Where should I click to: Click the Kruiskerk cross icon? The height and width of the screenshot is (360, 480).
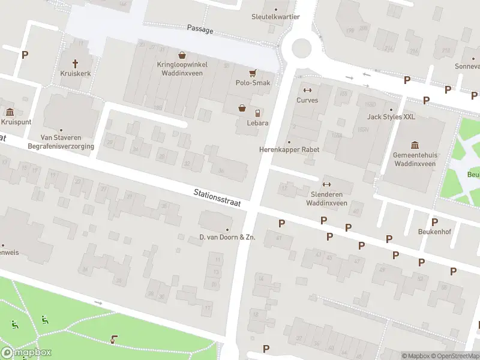[x=75, y=63]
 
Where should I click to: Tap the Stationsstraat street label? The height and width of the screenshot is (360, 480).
[x=217, y=199]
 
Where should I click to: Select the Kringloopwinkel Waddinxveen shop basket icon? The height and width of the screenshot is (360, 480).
[x=181, y=55]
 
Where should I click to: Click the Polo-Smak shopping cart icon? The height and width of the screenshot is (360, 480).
[x=253, y=73]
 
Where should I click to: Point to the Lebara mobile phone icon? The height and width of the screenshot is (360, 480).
[x=257, y=113]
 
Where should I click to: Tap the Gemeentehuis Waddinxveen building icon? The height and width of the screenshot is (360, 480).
[x=415, y=145]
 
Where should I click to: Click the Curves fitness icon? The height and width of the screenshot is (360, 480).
[x=307, y=90]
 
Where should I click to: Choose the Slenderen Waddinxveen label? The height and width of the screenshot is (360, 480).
[x=326, y=199]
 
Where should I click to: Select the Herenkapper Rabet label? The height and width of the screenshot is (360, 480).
[x=289, y=149]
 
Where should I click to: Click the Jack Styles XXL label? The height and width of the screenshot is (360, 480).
[x=391, y=117]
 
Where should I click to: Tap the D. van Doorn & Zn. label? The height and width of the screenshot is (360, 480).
[x=227, y=237]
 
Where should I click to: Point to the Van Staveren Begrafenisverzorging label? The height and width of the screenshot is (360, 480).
[x=61, y=141]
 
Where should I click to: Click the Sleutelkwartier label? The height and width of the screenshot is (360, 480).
[x=275, y=17]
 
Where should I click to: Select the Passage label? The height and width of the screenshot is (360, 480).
[x=200, y=29]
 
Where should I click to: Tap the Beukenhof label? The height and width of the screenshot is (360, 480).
[x=434, y=231]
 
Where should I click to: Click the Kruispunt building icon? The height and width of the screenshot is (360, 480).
[x=10, y=112]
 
